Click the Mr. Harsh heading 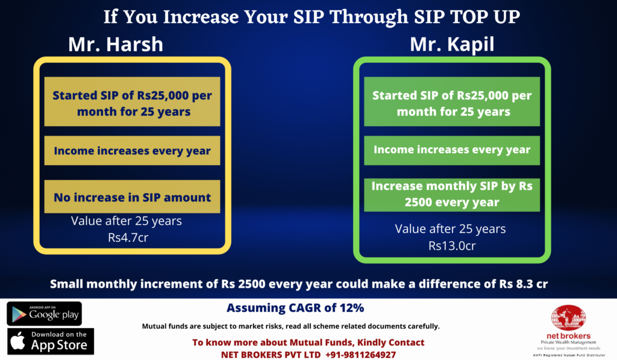116,44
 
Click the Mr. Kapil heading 452,44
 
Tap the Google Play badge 44,314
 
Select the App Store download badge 51,341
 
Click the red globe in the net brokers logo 568,318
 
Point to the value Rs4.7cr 128,238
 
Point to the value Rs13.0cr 452,246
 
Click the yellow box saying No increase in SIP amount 132,197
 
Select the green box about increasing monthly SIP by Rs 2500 452,195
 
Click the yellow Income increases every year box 132,151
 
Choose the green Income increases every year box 452,151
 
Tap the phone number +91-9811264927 360,355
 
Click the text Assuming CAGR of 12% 295,308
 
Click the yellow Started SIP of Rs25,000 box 132,102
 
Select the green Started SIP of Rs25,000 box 452,102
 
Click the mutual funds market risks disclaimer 291,326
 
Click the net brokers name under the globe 568,336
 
